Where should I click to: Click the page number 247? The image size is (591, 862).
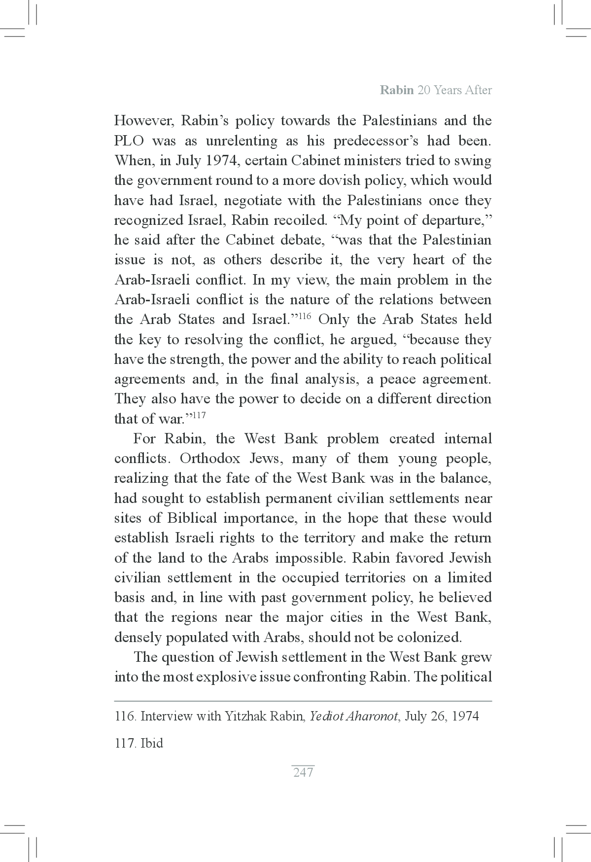(303, 772)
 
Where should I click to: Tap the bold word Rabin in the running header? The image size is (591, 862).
(396, 90)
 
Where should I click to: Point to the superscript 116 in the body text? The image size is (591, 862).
(306, 315)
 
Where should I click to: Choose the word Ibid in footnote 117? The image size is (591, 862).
(152, 743)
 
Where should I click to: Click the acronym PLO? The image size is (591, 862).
(129, 141)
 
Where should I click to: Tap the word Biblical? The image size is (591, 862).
(192, 518)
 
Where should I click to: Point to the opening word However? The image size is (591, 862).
(142, 121)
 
